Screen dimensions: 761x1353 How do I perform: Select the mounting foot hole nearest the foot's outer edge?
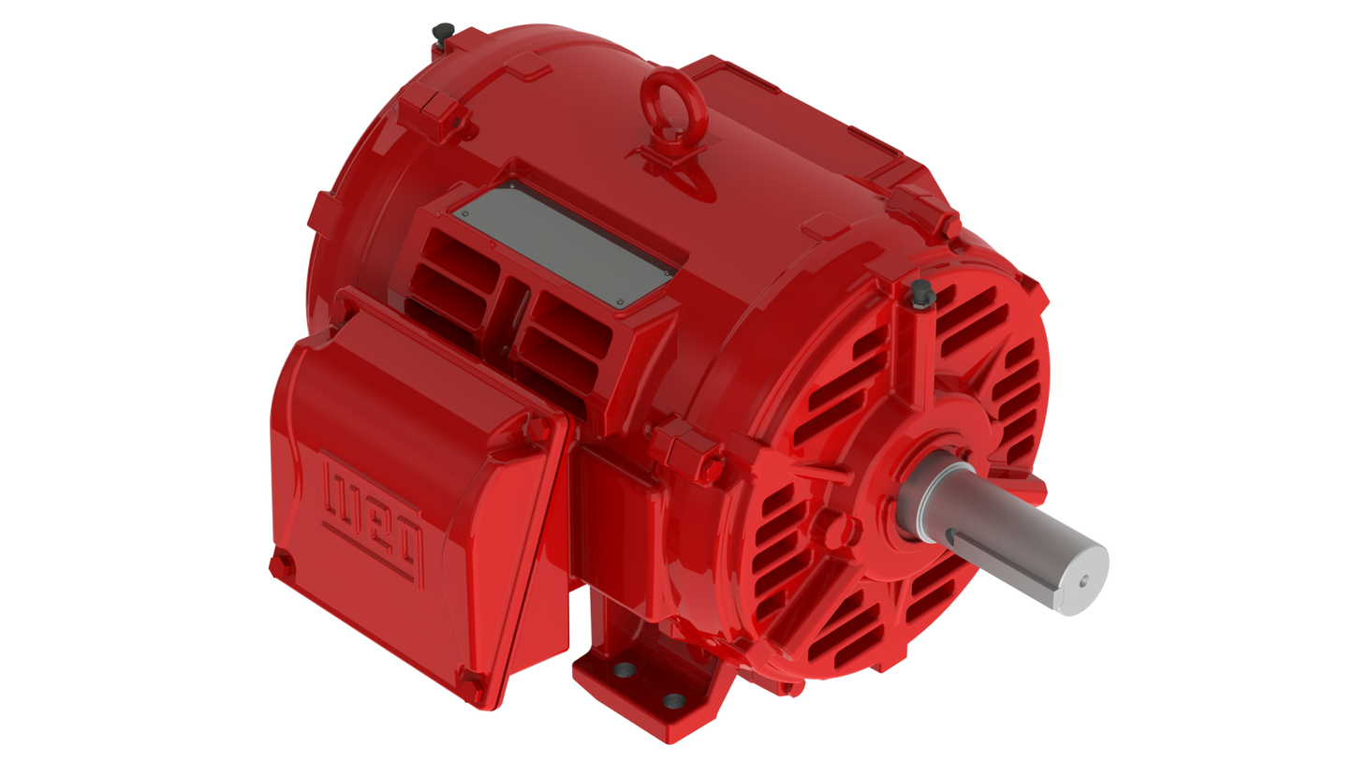(x=672, y=701)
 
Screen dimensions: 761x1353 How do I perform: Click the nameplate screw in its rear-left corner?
(x=465, y=213)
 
